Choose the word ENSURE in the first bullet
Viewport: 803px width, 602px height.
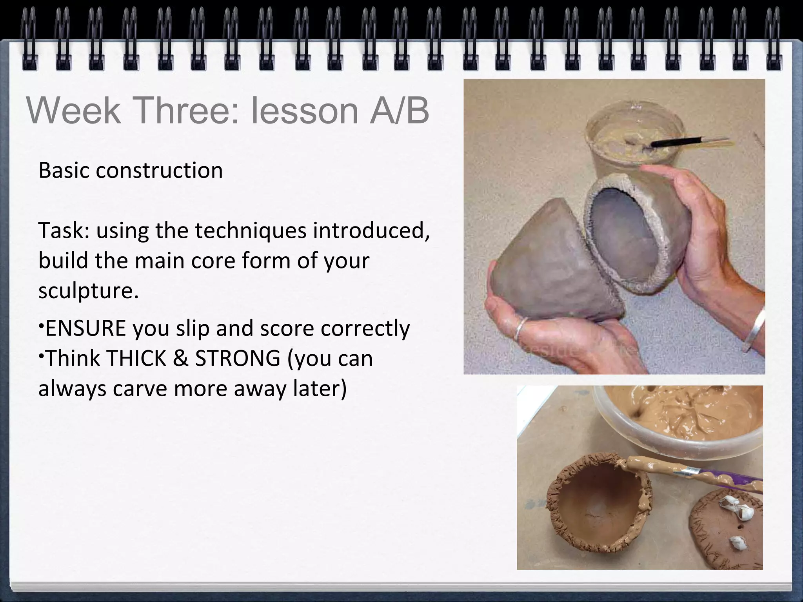(x=85, y=328)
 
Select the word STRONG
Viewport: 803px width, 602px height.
(x=238, y=358)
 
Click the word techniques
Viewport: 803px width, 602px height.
(x=251, y=230)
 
